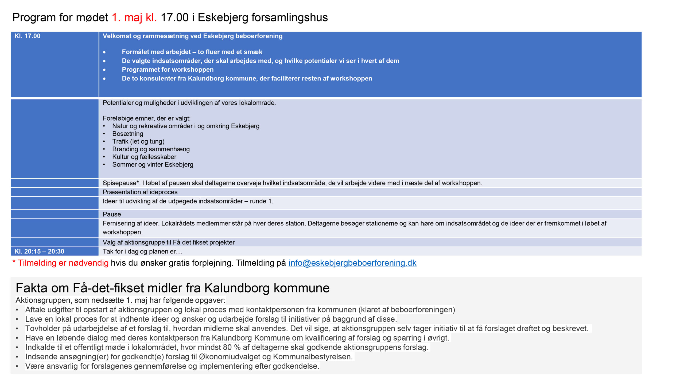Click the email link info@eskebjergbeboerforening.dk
pyautogui.click(x=352, y=263)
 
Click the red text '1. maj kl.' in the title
pyautogui.click(x=134, y=18)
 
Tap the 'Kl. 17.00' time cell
pyautogui.click(x=28, y=36)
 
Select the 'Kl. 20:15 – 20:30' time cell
pyautogui.click(x=39, y=251)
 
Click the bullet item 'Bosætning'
pyautogui.click(x=127, y=134)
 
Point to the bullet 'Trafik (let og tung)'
pyautogui.click(x=138, y=141)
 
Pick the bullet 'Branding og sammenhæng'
pyautogui.click(x=151, y=149)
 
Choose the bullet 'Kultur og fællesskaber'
pyautogui.click(x=144, y=157)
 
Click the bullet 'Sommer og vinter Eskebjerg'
pyautogui.click(x=153, y=165)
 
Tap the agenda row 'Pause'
pyautogui.click(x=112, y=214)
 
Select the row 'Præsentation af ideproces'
pyautogui.click(x=140, y=192)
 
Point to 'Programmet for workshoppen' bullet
pyautogui.click(x=168, y=70)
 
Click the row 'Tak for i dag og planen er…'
pyautogui.click(x=142, y=252)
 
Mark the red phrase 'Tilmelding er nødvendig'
pyautogui.click(x=63, y=263)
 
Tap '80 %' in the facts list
pyautogui.click(x=232, y=347)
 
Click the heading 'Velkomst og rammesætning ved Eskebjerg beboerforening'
pyautogui.click(x=192, y=36)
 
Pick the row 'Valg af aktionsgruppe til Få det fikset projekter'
pyautogui.click(x=169, y=242)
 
